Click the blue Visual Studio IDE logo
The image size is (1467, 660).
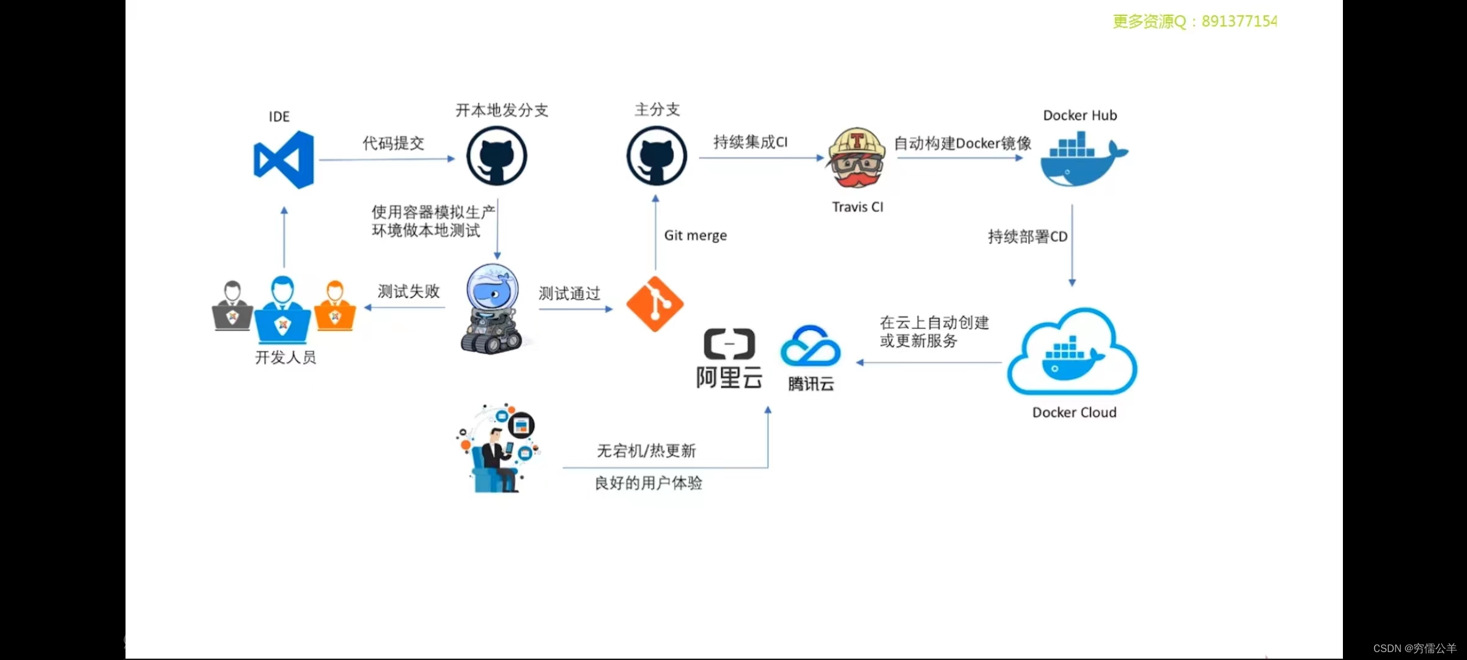point(284,159)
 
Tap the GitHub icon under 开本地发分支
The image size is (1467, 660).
point(496,156)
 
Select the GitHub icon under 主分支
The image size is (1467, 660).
point(656,156)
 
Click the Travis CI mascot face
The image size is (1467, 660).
point(856,158)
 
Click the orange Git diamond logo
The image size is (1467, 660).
point(655,304)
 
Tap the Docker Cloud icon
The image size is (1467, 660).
point(1072,353)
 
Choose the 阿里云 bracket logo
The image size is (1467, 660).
point(729,344)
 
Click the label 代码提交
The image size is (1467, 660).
point(393,143)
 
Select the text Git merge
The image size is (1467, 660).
point(695,235)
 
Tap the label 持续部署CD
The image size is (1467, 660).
point(1028,237)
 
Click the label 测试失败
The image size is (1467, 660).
point(408,291)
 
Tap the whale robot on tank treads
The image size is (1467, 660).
point(491,310)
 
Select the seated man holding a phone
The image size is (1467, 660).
point(497,452)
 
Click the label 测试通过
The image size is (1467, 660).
point(569,293)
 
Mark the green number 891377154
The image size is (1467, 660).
point(1239,21)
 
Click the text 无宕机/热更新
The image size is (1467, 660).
point(646,451)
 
